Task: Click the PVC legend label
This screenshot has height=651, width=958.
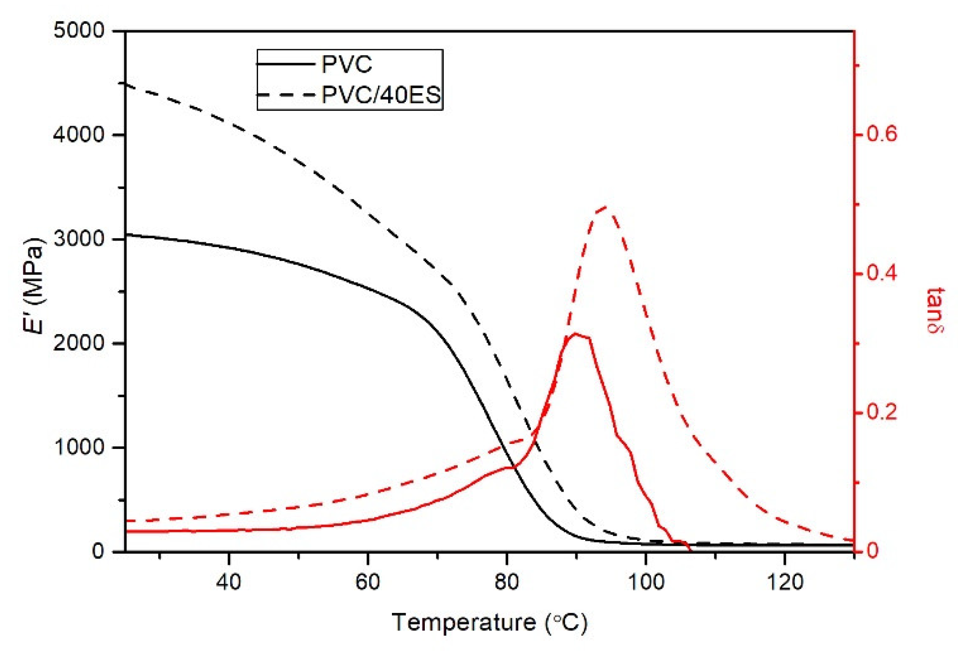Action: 347,64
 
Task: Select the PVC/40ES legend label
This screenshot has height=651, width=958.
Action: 381,95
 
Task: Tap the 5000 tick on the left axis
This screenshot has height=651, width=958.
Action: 79,31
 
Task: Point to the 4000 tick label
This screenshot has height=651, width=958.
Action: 79,135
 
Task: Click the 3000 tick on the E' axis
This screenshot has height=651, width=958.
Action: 79,239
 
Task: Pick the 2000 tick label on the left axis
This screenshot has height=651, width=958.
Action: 79,343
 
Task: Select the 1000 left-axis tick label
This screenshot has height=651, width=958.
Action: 79,447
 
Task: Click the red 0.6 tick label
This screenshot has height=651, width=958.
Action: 882,134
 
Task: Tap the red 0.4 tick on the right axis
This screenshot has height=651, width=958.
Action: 882,273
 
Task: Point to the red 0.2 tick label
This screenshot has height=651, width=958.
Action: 882,412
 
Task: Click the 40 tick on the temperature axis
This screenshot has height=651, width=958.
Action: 229,581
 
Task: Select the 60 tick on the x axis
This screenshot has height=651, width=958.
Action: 368,581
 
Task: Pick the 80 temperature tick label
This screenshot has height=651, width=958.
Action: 507,581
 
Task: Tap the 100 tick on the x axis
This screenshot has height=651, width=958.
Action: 646,581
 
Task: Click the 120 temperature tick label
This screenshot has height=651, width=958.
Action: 785,581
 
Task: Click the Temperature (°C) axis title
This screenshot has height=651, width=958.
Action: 490,622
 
